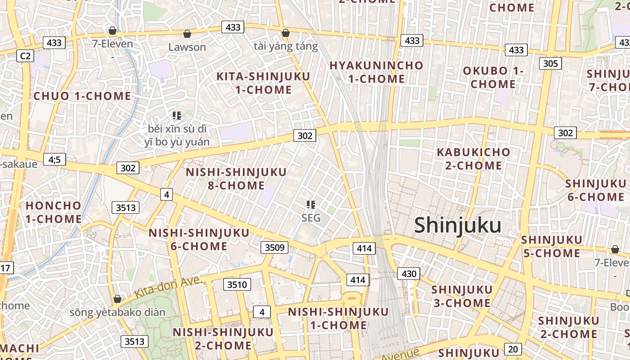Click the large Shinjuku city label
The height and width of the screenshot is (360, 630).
click(x=458, y=225)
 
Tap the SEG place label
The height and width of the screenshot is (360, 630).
click(x=311, y=218)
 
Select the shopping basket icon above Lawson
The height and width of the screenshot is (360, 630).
click(x=187, y=34)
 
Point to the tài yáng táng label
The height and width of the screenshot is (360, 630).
click(x=286, y=46)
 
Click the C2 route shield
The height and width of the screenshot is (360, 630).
click(x=25, y=56)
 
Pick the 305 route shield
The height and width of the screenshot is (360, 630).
click(x=550, y=63)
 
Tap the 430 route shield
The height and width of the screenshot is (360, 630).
click(x=409, y=273)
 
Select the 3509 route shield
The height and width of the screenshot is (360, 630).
click(x=274, y=247)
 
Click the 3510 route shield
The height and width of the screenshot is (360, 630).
click(x=237, y=284)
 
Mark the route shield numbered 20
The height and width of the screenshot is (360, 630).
click(x=513, y=349)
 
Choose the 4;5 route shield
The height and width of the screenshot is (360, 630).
click(x=54, y=159)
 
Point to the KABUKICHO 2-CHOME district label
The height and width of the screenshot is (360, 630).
click(x=473, y=159)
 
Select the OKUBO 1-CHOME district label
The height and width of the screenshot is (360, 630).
click(x=493, y=77)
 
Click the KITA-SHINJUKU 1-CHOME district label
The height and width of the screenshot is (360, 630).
click(x=263, y=83)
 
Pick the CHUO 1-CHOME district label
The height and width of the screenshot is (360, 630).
click(x=82, y=96)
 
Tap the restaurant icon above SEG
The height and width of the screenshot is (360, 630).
click(x=310, y=205)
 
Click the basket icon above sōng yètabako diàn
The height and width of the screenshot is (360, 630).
click(x=117, y=299)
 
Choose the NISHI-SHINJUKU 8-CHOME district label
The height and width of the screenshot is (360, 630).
click(x=236, y=179)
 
